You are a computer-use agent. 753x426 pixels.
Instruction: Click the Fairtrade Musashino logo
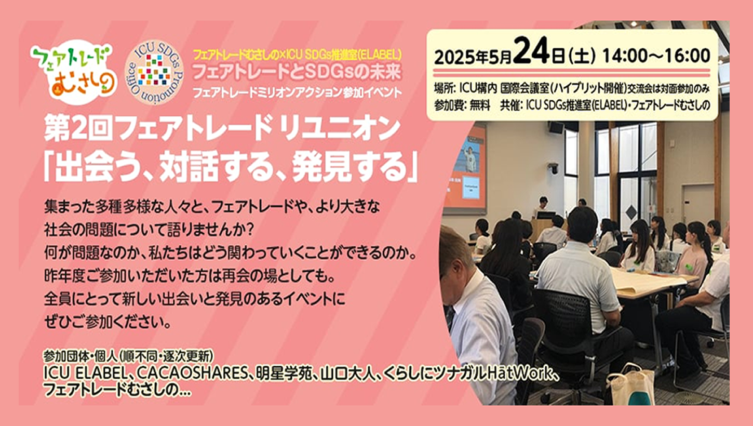coord(73,72)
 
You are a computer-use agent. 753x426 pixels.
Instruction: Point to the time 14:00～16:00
coord(656,56)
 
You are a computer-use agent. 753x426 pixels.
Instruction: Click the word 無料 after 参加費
coord(480,105)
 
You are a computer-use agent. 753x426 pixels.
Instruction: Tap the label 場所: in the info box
coord(445,89)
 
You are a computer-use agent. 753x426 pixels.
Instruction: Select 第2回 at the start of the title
coord(78,129)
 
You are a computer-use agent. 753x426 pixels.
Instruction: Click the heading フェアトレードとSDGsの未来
coord(297,72)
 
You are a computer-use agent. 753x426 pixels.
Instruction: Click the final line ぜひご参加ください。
coord(107,323)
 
